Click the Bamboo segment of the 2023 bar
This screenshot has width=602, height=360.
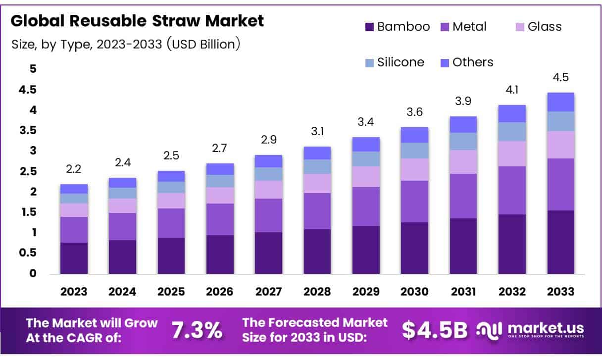(74, 258)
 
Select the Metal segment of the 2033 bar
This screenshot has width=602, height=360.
(560, 184)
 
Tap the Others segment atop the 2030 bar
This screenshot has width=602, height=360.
(414, 135)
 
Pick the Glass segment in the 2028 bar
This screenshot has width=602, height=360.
(317, 183)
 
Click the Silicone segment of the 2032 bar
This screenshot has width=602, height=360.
(512, 132)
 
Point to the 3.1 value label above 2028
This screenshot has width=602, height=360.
(317, 132)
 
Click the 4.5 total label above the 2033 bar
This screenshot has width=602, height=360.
(560, 78)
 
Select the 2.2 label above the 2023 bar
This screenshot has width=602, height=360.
(74, 170)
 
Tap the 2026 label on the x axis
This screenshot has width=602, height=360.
(220, 292)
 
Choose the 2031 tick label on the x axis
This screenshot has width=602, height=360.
(463, 292)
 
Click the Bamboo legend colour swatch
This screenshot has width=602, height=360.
(369, 27)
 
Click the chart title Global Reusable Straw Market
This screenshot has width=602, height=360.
(137, 21)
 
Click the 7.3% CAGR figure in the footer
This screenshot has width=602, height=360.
(197, 330)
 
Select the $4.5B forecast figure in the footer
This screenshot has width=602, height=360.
(434, 330)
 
